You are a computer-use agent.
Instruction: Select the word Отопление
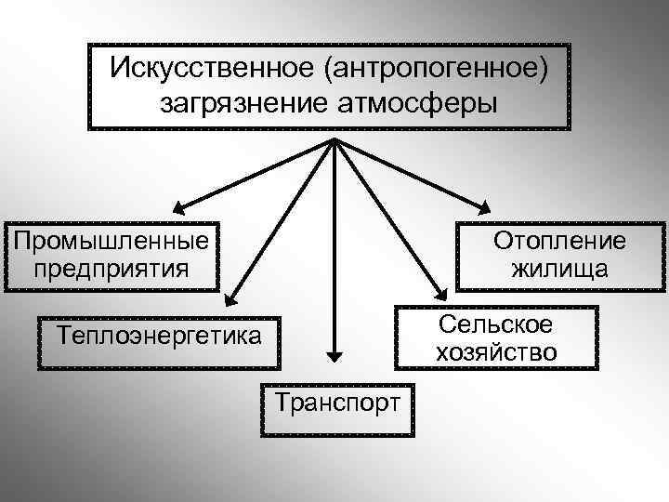pyautogui.click(x=559, y=242)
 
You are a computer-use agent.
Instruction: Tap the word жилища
pyautogui.click(x=559, y=270)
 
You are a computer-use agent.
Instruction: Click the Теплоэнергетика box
pyautogui.click(x=158, y=334)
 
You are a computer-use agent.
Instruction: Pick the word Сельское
pyautogui.click(x=495, y=324)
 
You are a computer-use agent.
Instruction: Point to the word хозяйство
pyautogui.click(x=495, y=352)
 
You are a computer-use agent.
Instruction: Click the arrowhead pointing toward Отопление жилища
pyautogui.click(x=485, y=207)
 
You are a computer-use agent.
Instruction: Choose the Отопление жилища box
pyautogui.click(x=559, y=256)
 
